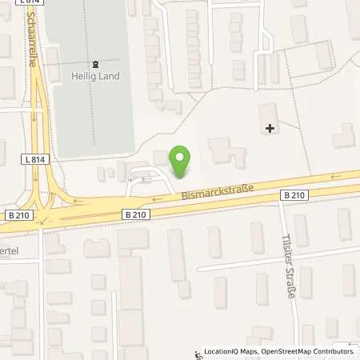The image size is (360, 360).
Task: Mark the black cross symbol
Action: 270,127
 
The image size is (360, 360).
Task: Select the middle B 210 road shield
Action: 137,214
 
